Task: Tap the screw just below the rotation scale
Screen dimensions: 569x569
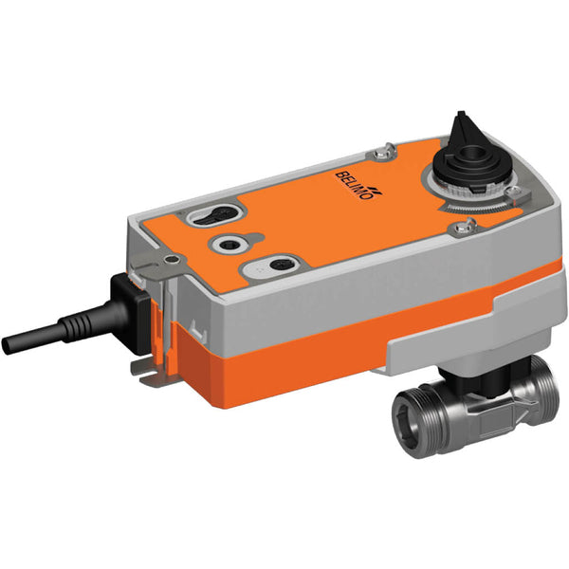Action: pyautogui.click(x=465, y=226)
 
